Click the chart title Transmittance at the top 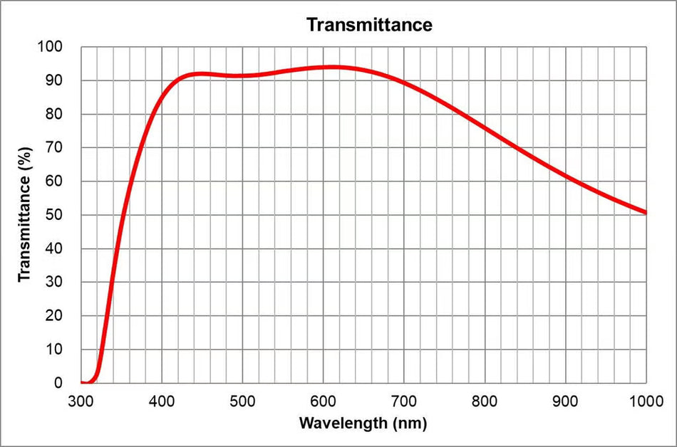369,25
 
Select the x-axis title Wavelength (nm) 363,423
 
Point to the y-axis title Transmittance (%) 25,214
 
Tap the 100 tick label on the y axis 50,46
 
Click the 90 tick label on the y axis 54,80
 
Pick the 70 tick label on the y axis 54,147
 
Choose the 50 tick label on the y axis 54,215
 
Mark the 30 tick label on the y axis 54,282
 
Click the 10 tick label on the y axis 54,349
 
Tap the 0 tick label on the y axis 58,383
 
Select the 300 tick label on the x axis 81,401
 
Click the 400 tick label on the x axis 162,401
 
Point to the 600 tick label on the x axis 323,401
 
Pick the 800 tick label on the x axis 485,401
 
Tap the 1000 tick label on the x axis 646,401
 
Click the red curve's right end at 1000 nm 646,212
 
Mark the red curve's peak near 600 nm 331,67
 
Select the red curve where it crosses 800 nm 485,127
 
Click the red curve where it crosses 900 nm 565,175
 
